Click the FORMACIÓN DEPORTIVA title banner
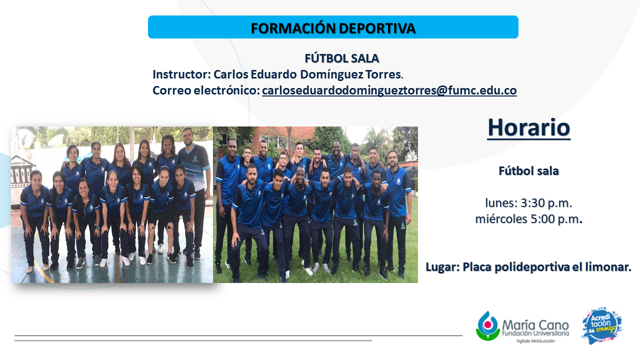coord(333,27)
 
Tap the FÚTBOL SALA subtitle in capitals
coord(341,58)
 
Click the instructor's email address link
coord(389,90)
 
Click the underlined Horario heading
coord(528,127)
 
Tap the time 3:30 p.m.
coord(546,203)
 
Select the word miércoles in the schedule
coord(501,219)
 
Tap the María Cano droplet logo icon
coord(487,325)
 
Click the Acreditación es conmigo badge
coord(601,325)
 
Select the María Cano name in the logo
coord(535,325)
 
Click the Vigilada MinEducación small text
coord(535,341)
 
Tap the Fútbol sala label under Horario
coord(528,171)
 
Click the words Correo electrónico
coord(205,90)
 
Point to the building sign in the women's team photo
coord(22,172)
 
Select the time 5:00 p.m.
coord(556,219)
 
